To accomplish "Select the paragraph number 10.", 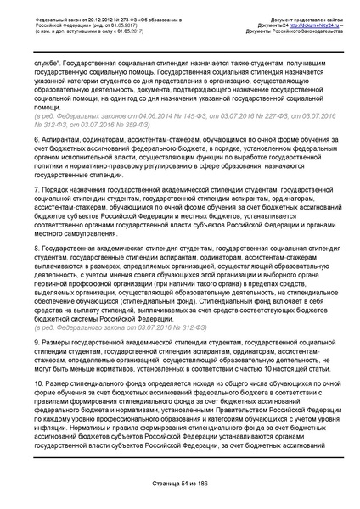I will (50, 383).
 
